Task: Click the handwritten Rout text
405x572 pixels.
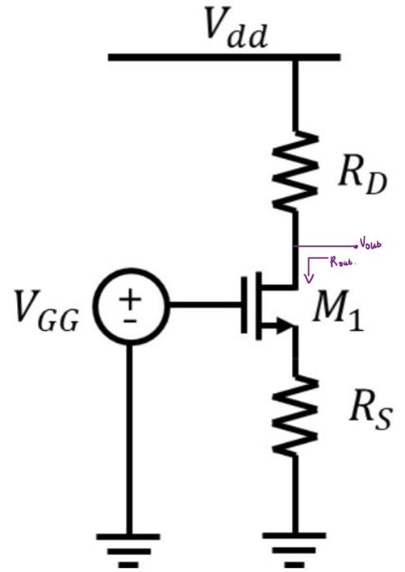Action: pos(344,263)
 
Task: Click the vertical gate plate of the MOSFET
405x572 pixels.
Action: pos(245,306)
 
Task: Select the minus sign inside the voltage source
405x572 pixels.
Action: pos(131,321)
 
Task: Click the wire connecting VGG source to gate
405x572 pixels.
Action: pos(205,307)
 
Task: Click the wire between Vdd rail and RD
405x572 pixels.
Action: pos(295,94)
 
